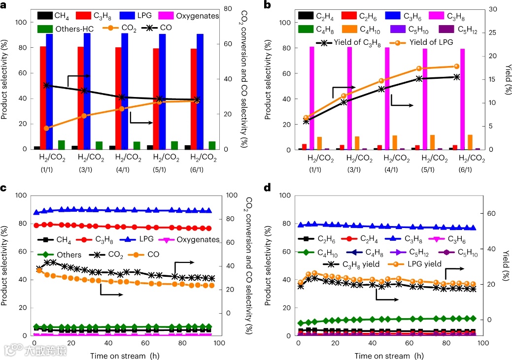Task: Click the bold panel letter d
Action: click(x=267, y=188)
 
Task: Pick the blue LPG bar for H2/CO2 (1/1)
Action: click(x=49, y=91)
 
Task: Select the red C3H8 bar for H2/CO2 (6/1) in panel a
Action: click(x=193, y=98)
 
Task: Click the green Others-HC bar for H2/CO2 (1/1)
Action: click(x=62, y=145)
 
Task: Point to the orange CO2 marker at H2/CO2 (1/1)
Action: click(x=46, y=128)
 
